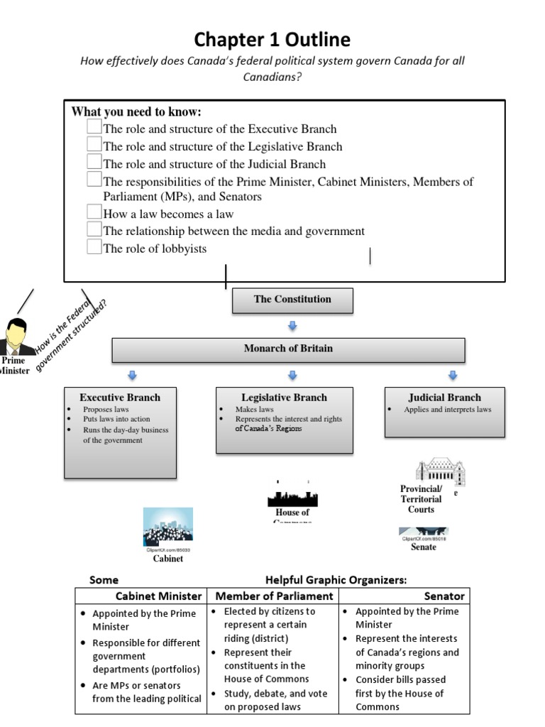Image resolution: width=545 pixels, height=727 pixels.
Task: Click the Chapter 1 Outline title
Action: point(272,39)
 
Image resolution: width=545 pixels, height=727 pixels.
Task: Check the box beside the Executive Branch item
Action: point(94,127)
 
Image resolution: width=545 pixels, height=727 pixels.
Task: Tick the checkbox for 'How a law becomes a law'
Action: point(94,212)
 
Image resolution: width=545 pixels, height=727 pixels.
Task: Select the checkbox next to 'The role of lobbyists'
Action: point(94,247)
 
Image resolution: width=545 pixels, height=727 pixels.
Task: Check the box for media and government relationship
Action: point(94,229)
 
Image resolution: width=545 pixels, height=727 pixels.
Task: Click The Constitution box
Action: point(292,300)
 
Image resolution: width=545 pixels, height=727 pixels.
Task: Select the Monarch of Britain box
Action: point(288,349)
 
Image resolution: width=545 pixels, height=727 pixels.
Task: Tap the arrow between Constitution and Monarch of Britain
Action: point(292,326)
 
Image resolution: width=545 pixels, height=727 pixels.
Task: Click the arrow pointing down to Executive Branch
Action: point(131,375)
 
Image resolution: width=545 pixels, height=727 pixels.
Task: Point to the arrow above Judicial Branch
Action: point(453,375)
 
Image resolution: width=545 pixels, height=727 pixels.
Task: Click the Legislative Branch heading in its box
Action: point(284,398)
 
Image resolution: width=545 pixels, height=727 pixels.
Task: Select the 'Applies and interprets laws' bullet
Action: point(447,410)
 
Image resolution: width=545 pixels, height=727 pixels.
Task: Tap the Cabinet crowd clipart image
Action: point(167,526)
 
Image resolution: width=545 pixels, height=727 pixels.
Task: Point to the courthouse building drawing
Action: point(440,471)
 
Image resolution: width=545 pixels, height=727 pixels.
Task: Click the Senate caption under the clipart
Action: point(424,547)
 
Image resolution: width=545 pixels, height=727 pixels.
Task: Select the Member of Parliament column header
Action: point(274,596)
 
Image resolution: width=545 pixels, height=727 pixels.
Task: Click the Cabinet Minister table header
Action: point(159,596)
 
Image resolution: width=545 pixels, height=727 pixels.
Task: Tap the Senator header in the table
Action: point(444,596)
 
